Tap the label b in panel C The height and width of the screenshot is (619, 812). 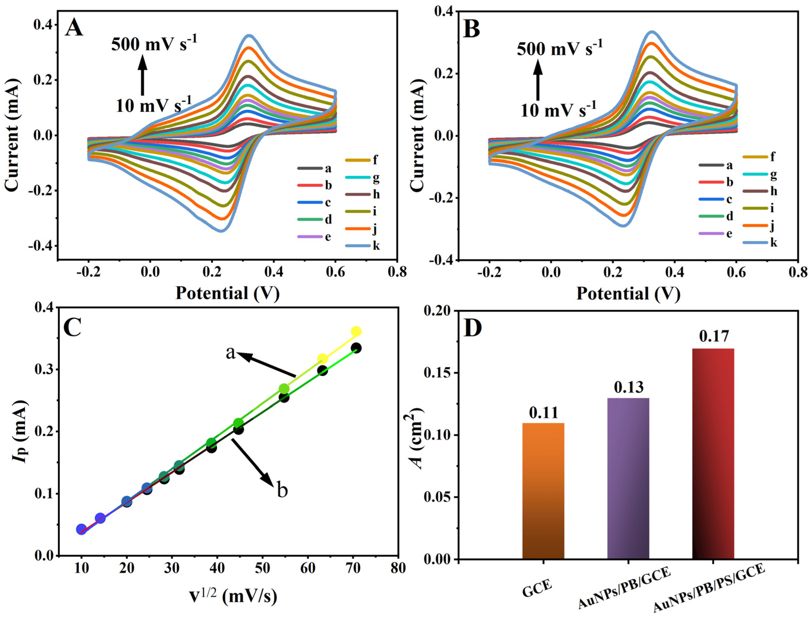tap(282, 491)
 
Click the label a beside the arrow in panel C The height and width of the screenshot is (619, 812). tap(231, 353)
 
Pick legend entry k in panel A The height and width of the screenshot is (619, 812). tap(376, 246)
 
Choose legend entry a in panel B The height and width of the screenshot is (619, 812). tap(729, 165)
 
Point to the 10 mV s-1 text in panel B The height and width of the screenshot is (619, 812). tap(558, 109)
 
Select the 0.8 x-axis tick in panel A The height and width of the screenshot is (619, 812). tap(397, 272)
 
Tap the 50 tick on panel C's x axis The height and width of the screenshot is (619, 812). tap(262, 568)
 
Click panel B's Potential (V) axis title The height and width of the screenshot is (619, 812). tap(628, 294)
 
